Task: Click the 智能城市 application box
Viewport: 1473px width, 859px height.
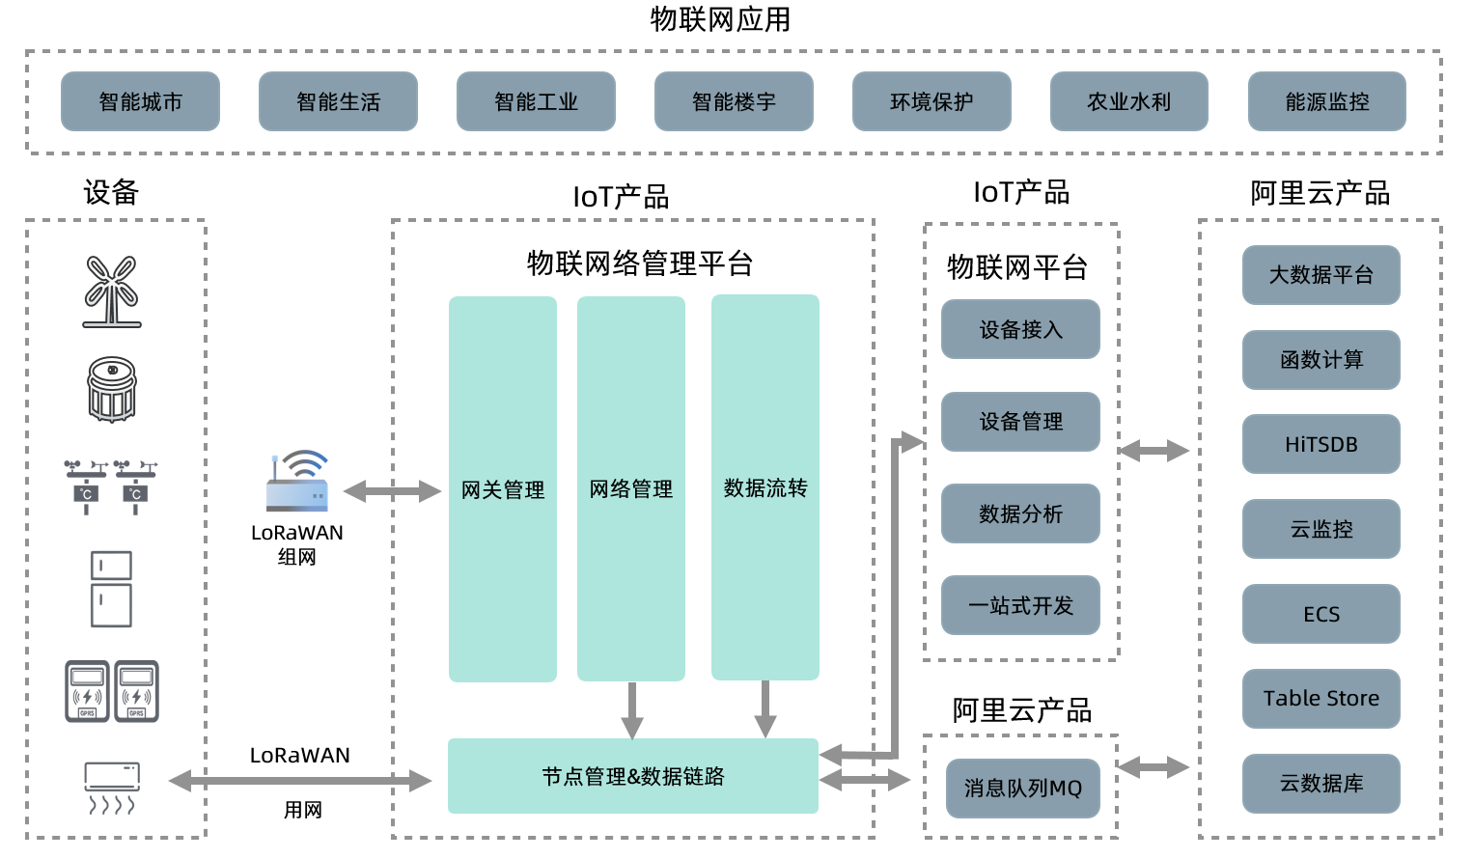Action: [x=140, y=101]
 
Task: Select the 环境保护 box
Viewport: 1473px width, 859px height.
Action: [x=931, y=101]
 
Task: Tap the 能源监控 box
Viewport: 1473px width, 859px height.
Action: [x=1327, y=101]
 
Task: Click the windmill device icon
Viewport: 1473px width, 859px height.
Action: [x=112, y=291]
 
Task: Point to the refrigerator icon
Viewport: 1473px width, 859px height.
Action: [x=111, y=589]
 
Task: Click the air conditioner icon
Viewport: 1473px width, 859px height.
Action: [x=112, y=788]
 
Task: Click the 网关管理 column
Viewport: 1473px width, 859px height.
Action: [x=502, y=488]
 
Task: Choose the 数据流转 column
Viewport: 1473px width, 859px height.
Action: [x=764, y=487]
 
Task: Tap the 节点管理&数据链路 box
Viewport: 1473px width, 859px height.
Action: [x=632, y=776]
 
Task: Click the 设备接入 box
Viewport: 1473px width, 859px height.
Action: [x=1020, y=329]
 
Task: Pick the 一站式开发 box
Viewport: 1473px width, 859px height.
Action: [x=1020, y=605]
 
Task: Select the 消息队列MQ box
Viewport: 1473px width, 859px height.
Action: [x=1022, y=788]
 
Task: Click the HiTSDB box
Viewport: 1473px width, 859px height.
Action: [x=1321, y=444]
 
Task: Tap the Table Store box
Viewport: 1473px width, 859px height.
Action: [x=1321, y=699]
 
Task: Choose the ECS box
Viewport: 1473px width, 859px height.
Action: [x=1321, y=614]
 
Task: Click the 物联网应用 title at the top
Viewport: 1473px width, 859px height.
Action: [x=721, y=19]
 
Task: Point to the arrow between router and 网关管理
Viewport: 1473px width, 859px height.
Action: [x=392, y=490]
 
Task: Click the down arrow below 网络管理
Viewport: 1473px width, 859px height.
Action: [x=632, y=710]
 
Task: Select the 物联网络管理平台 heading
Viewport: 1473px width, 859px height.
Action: [x=640, y=263]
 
